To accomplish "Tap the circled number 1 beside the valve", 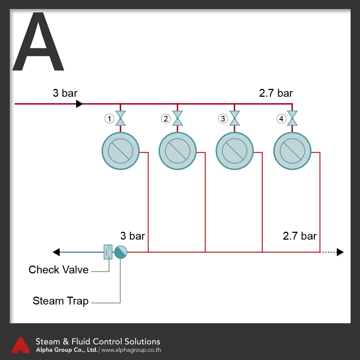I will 109,119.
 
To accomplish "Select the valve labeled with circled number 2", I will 177,118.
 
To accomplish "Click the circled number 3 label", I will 223,119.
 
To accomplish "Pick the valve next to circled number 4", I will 292,118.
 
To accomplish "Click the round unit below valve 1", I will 120,151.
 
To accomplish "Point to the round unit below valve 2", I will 177,151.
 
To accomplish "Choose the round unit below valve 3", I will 235,151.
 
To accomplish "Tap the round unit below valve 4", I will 292,151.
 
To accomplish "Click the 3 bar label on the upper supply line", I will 65,93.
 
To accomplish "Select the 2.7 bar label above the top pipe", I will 276,93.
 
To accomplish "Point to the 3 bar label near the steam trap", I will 132,236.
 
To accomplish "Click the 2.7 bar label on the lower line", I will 300,236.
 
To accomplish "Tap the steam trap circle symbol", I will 120,252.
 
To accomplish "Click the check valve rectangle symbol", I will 108,252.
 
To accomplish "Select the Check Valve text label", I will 58,270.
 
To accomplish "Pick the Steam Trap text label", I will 61,301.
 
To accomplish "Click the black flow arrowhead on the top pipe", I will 79,103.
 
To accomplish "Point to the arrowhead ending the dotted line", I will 340,252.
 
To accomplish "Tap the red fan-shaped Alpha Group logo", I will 21,345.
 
